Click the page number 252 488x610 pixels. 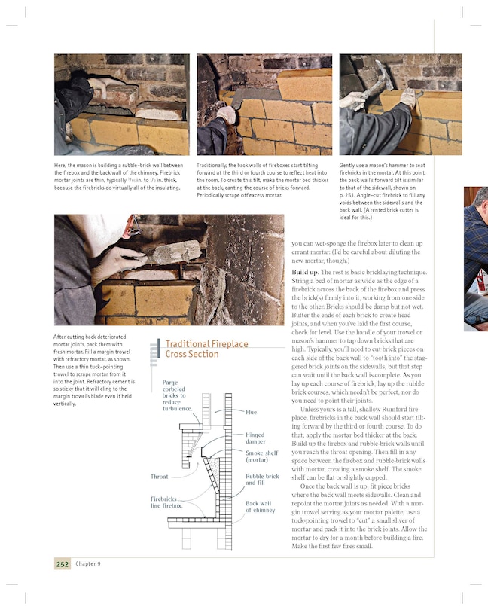click(x=63, y=564)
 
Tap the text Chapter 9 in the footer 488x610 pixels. click(x=88, y=564)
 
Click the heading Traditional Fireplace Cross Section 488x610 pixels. click(x=206, y=349)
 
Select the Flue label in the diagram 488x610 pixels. click(x=251, y=412)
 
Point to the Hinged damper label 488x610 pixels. click(x=255, y=438)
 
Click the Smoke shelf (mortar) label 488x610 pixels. click(x=261, y=456)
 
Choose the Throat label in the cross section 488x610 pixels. click(x=159, y=477)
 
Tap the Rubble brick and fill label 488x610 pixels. click(x=261, y=480)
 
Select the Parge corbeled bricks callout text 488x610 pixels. click(x=177, y=395)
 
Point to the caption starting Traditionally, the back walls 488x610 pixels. click(x=263, y=180)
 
